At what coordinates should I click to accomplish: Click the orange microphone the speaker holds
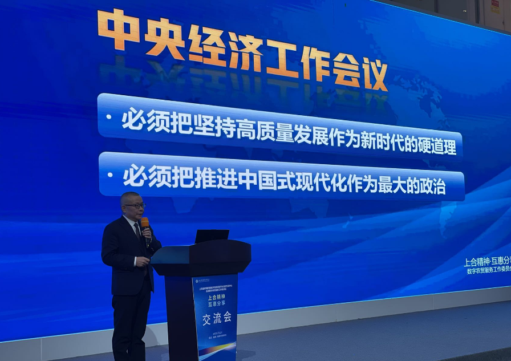tap(145, 224)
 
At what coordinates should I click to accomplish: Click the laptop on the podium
tap(212, 236)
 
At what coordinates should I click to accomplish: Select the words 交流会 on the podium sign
tap(214, 319)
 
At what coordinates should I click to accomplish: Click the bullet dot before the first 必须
tap(109, 117)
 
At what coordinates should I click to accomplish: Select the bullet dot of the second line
tap(110, 175)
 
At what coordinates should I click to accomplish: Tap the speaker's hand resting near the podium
tap(141, 261)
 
